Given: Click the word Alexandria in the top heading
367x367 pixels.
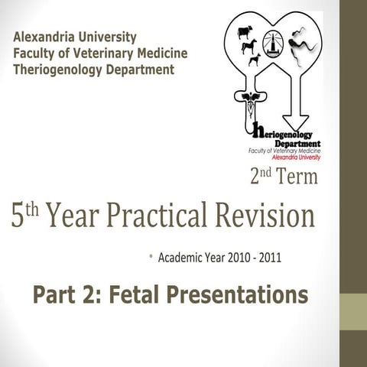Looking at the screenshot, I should (x=45, y=37).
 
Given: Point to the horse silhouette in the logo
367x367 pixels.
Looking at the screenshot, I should (x=249, y=46).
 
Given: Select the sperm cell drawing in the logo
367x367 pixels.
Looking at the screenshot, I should (x=301, y=42).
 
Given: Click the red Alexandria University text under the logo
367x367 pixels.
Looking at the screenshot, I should (x=297, y=157).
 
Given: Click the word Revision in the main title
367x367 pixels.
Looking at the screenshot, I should (x=268, y=216).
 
